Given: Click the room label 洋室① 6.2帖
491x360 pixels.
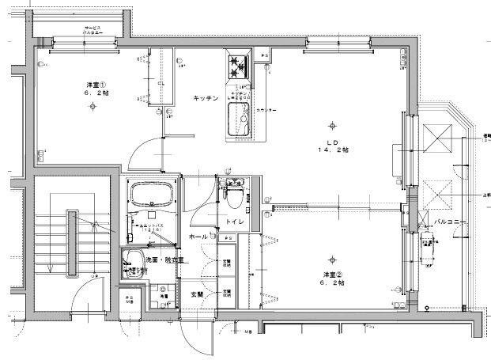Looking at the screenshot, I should pyautogui.click(x=95, y=89).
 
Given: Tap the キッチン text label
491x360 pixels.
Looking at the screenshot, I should pyautogui.click(x=206, y=98).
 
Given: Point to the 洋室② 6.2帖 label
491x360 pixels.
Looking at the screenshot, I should pyautogui.click(x=332, y=279).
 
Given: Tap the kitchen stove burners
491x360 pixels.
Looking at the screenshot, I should pyautogui.click(x=239, y=68).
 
